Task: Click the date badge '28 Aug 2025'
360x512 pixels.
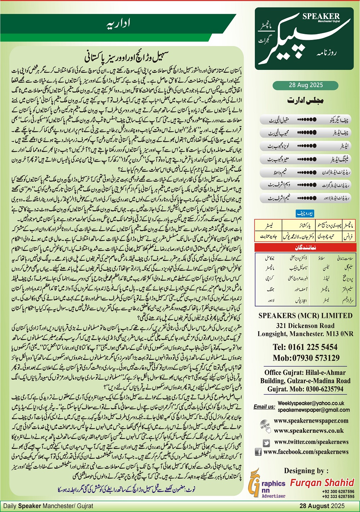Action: (306, 85)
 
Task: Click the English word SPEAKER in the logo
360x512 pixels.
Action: (321, 16)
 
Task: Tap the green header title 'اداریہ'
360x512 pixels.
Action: (119, 24)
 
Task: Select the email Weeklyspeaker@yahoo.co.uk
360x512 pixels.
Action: (311, 404)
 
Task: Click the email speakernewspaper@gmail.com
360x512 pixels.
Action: (314, 410)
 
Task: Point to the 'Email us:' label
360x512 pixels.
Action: (264, 407)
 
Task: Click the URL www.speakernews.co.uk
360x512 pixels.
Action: (309, 431)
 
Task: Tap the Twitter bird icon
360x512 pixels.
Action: (266, 443)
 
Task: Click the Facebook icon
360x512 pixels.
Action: (258, 452)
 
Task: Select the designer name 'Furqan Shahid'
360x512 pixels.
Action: (322, 482)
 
